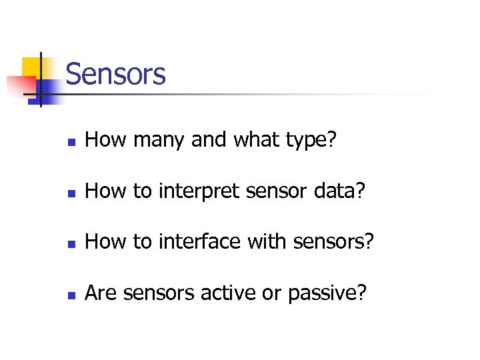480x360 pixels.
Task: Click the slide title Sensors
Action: click(x=115, y=74)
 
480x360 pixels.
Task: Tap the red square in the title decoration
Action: click(x=20, y=85)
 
